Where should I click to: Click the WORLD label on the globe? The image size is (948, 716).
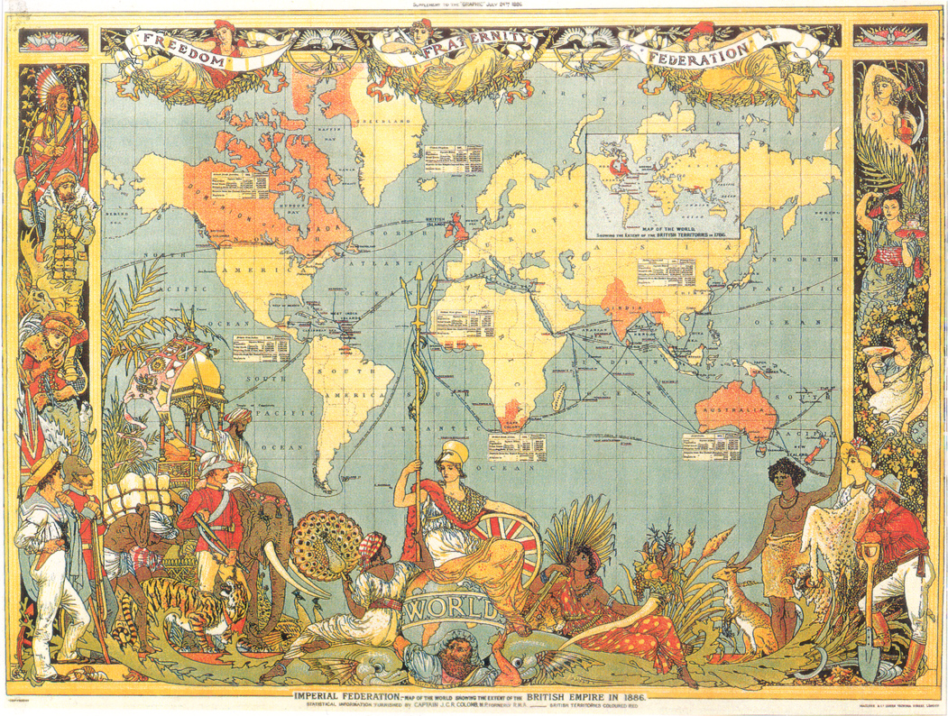[x=454, y=607]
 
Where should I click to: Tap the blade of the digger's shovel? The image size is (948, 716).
[x=870, y=656]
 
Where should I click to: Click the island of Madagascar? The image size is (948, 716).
[x=558, y=396]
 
